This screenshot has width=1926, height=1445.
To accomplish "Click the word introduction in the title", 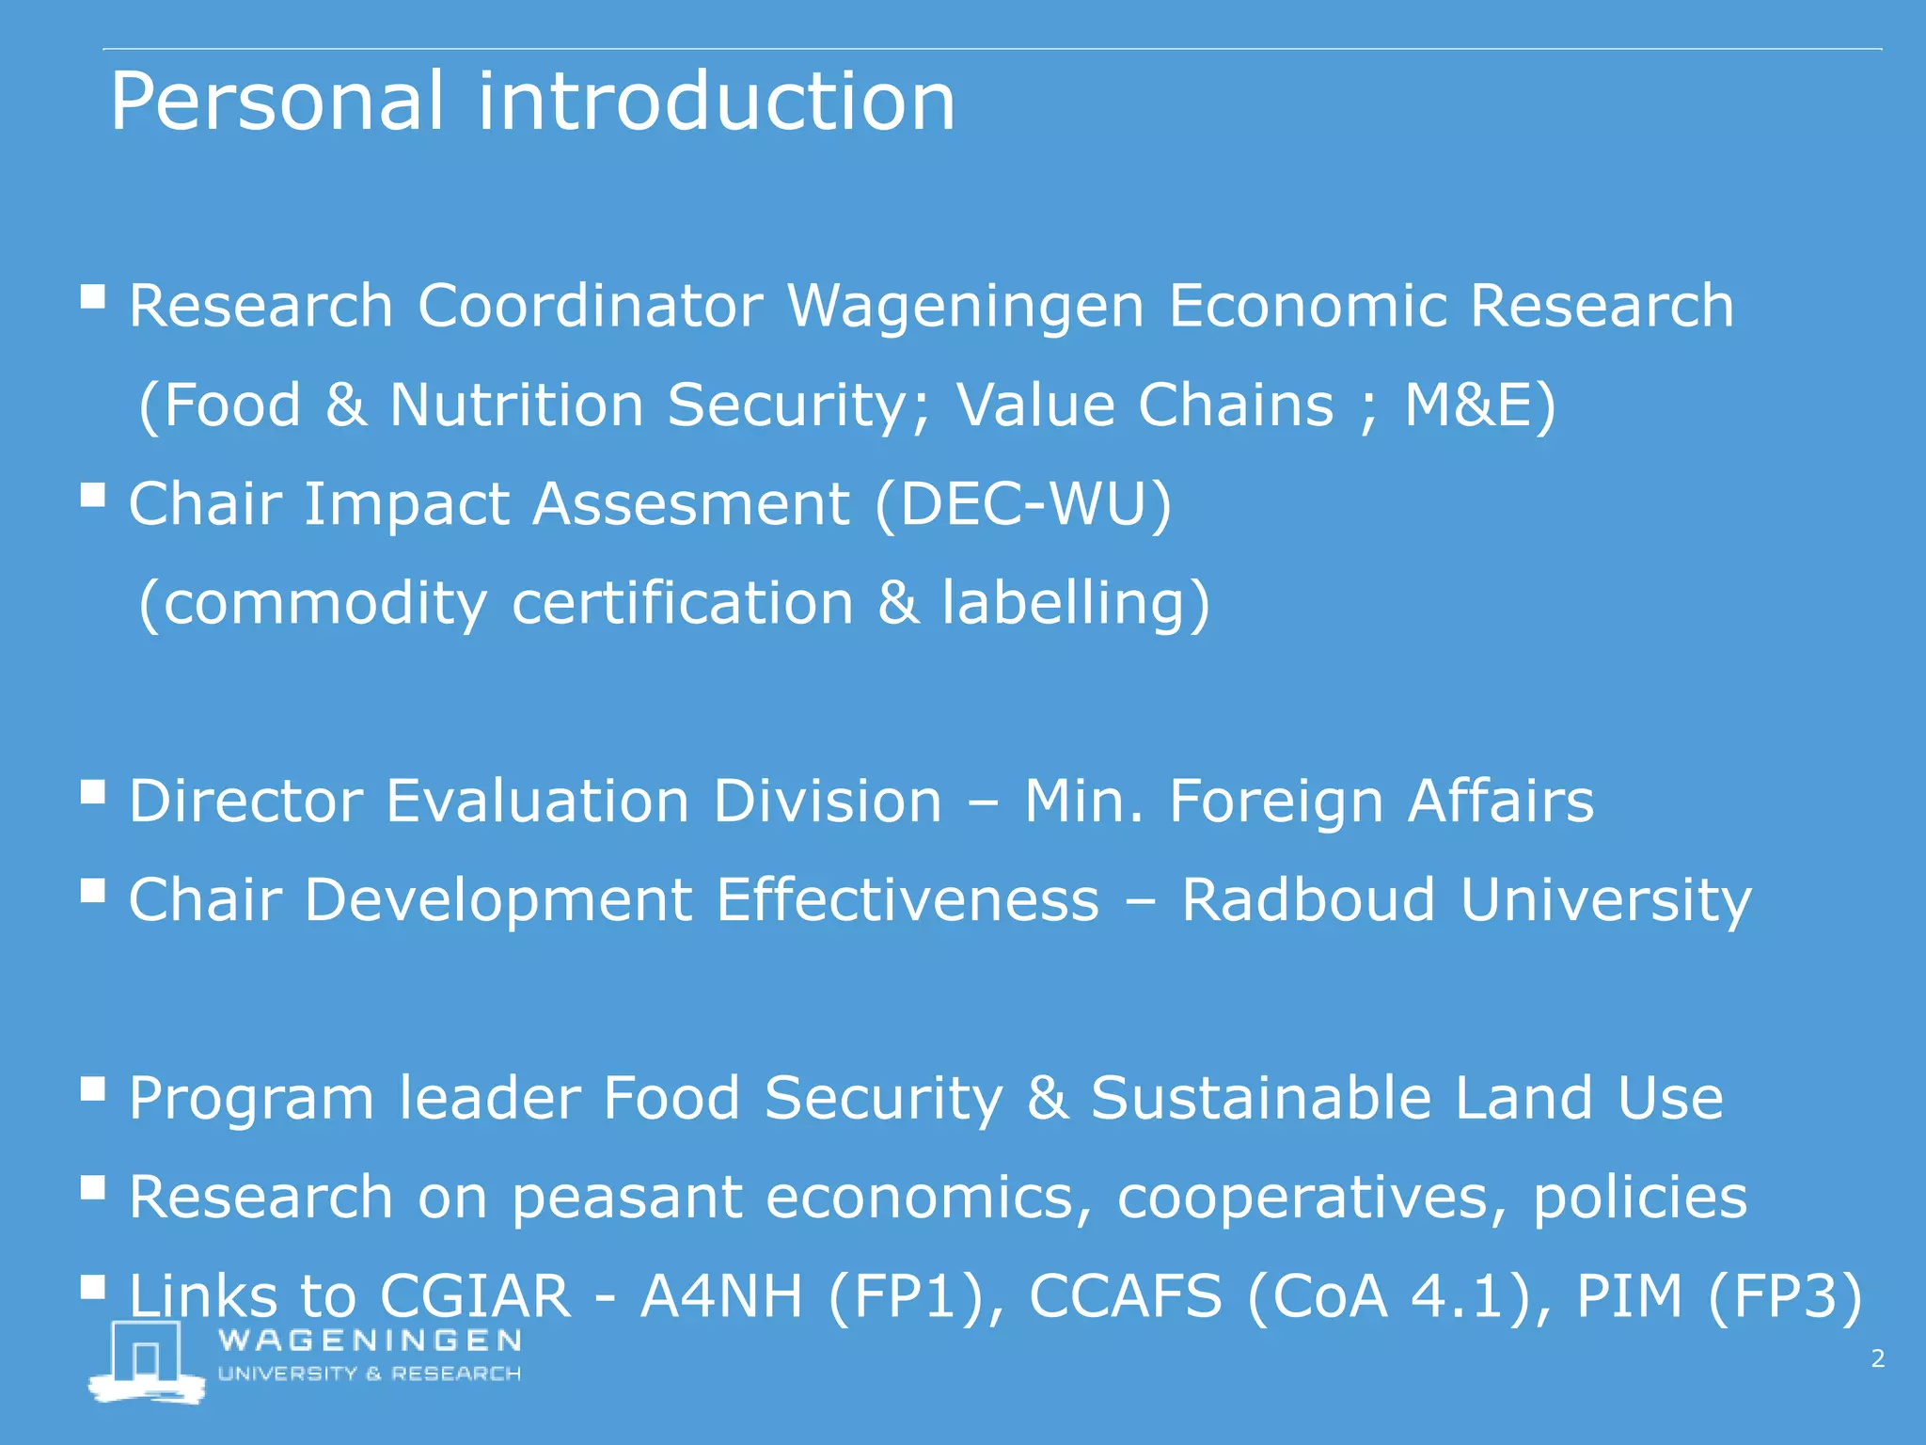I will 717,102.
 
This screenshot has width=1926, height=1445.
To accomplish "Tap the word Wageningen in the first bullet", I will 965,308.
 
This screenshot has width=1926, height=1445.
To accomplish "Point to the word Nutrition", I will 516,405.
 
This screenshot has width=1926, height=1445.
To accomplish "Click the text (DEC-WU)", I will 1023,504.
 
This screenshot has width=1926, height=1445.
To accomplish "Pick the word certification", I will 682,603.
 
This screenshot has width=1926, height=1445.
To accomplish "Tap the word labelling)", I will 1076,603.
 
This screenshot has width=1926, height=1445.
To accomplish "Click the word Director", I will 245,802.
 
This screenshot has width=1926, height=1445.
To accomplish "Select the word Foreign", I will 1275,802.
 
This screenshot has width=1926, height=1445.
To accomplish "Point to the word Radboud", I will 1307,900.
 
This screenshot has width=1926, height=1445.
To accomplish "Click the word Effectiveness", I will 908,900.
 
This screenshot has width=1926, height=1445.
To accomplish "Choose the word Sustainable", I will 1260,1098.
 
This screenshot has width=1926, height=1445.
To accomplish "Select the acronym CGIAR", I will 475,1296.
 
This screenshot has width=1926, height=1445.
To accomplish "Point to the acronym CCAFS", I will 1125,1296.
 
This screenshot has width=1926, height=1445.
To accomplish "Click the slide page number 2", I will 1877,1358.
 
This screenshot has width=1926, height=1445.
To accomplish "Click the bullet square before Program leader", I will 92,1089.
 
